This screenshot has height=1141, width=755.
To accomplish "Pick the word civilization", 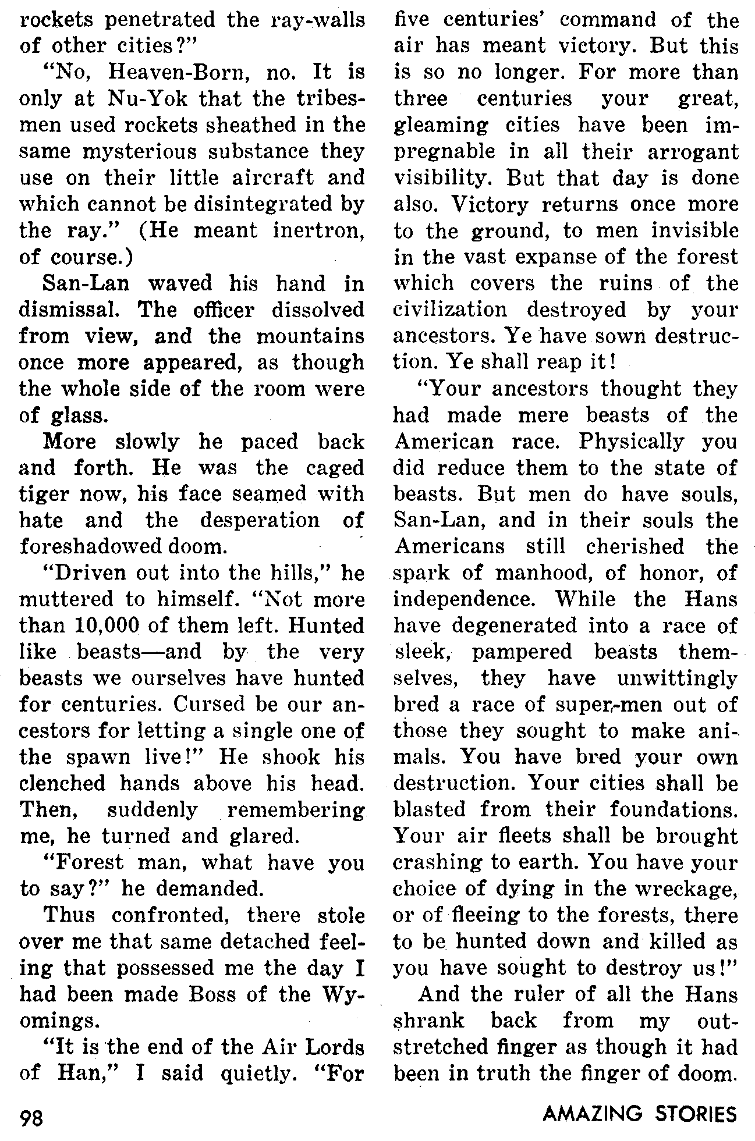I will pos(450,310).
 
